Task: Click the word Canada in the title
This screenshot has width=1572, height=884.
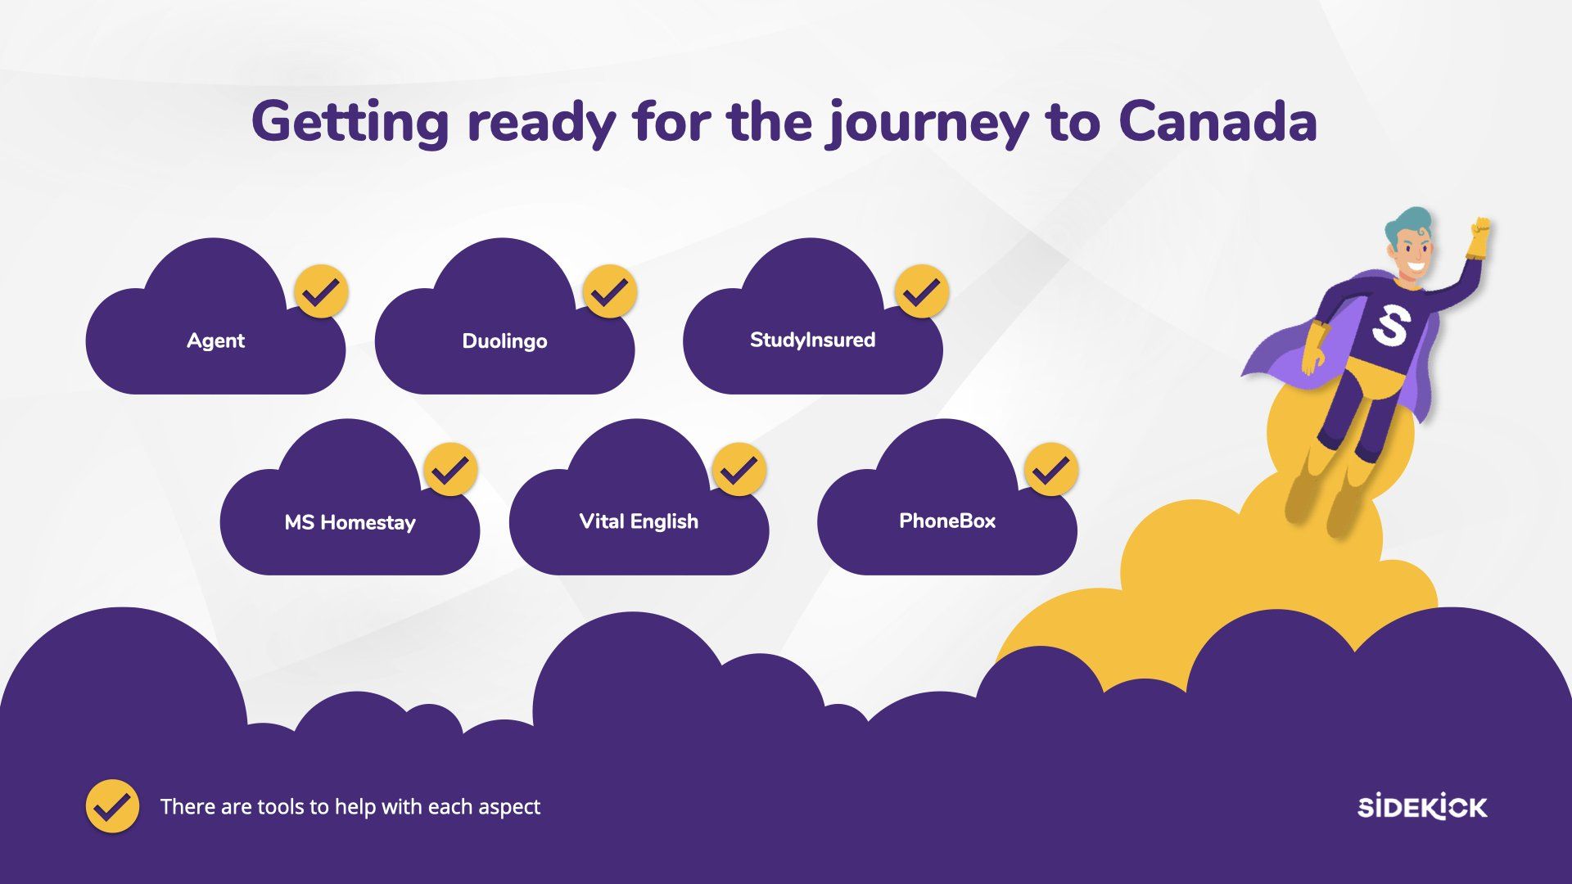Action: tap(1217, 121)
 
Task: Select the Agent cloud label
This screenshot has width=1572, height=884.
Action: tap(215, 341)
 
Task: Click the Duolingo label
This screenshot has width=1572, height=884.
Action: tap(504, 341)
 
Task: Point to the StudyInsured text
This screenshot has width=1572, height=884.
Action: tap(812, 341)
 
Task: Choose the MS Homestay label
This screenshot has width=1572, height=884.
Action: tap(350, 522)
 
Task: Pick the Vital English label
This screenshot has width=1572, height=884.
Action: tap(639, 521)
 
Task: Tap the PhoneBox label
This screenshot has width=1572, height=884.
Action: tap(947, 521)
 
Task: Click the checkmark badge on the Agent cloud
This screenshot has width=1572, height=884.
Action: tap(321, 291)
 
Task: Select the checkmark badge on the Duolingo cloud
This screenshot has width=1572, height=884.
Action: tap(610, 291)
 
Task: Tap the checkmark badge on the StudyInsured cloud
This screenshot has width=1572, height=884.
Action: tap(922, 291)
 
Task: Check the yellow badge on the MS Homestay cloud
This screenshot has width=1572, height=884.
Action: tap(450, 470)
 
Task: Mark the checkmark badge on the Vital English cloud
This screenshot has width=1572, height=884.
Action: tap(739, 470)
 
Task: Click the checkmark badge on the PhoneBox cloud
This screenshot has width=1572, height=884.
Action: tap(1051, 470)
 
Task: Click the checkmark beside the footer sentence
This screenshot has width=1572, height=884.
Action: tap(112, 806)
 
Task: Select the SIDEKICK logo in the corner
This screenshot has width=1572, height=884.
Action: tap(1422, 806)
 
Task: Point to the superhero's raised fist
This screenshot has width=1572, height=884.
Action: tap(1478, 237)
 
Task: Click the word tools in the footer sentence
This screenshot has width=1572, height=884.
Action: tap(282, 807)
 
